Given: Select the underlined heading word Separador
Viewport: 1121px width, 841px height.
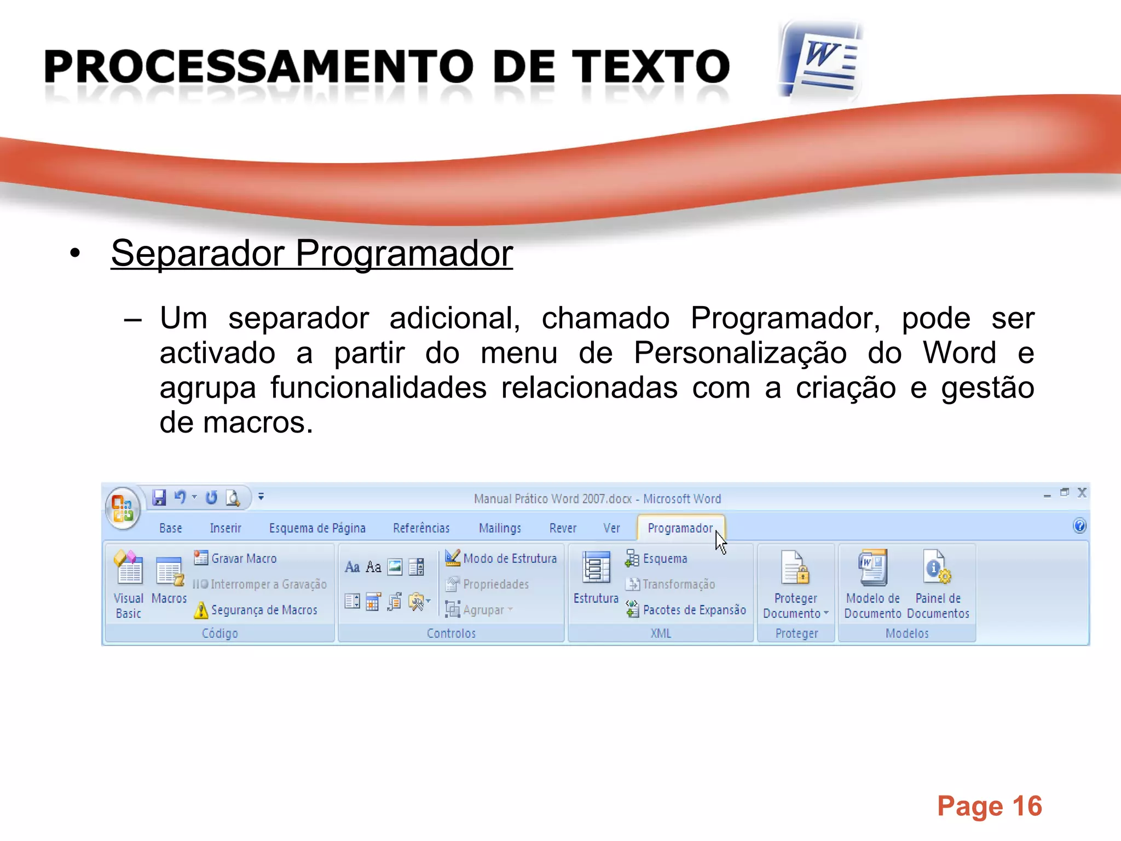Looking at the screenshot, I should (198, 254).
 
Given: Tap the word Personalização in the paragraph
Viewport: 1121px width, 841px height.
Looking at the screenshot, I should (741, 353).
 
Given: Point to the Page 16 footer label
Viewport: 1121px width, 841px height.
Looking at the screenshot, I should (989, 806).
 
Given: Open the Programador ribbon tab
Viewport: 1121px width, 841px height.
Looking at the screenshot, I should (680, 528).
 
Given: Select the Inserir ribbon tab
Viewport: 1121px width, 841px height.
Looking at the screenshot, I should (225, 528).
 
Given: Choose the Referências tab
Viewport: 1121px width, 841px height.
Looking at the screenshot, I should (421, 528).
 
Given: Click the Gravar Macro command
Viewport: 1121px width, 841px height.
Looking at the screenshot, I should (244, 558).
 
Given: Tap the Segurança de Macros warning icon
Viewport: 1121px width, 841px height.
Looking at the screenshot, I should (201, 610).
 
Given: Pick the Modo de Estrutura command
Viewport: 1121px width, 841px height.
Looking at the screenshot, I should (509, 558).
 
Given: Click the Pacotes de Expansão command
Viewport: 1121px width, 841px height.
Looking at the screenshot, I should (694, 610).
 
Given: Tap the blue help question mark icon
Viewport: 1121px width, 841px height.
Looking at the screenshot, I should (1079, 526).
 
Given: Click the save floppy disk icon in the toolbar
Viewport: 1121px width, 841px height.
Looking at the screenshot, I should (159, 497).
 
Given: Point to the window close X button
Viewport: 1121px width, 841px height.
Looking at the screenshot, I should (1082, 493).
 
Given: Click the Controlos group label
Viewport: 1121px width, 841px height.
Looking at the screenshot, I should (451, 633).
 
